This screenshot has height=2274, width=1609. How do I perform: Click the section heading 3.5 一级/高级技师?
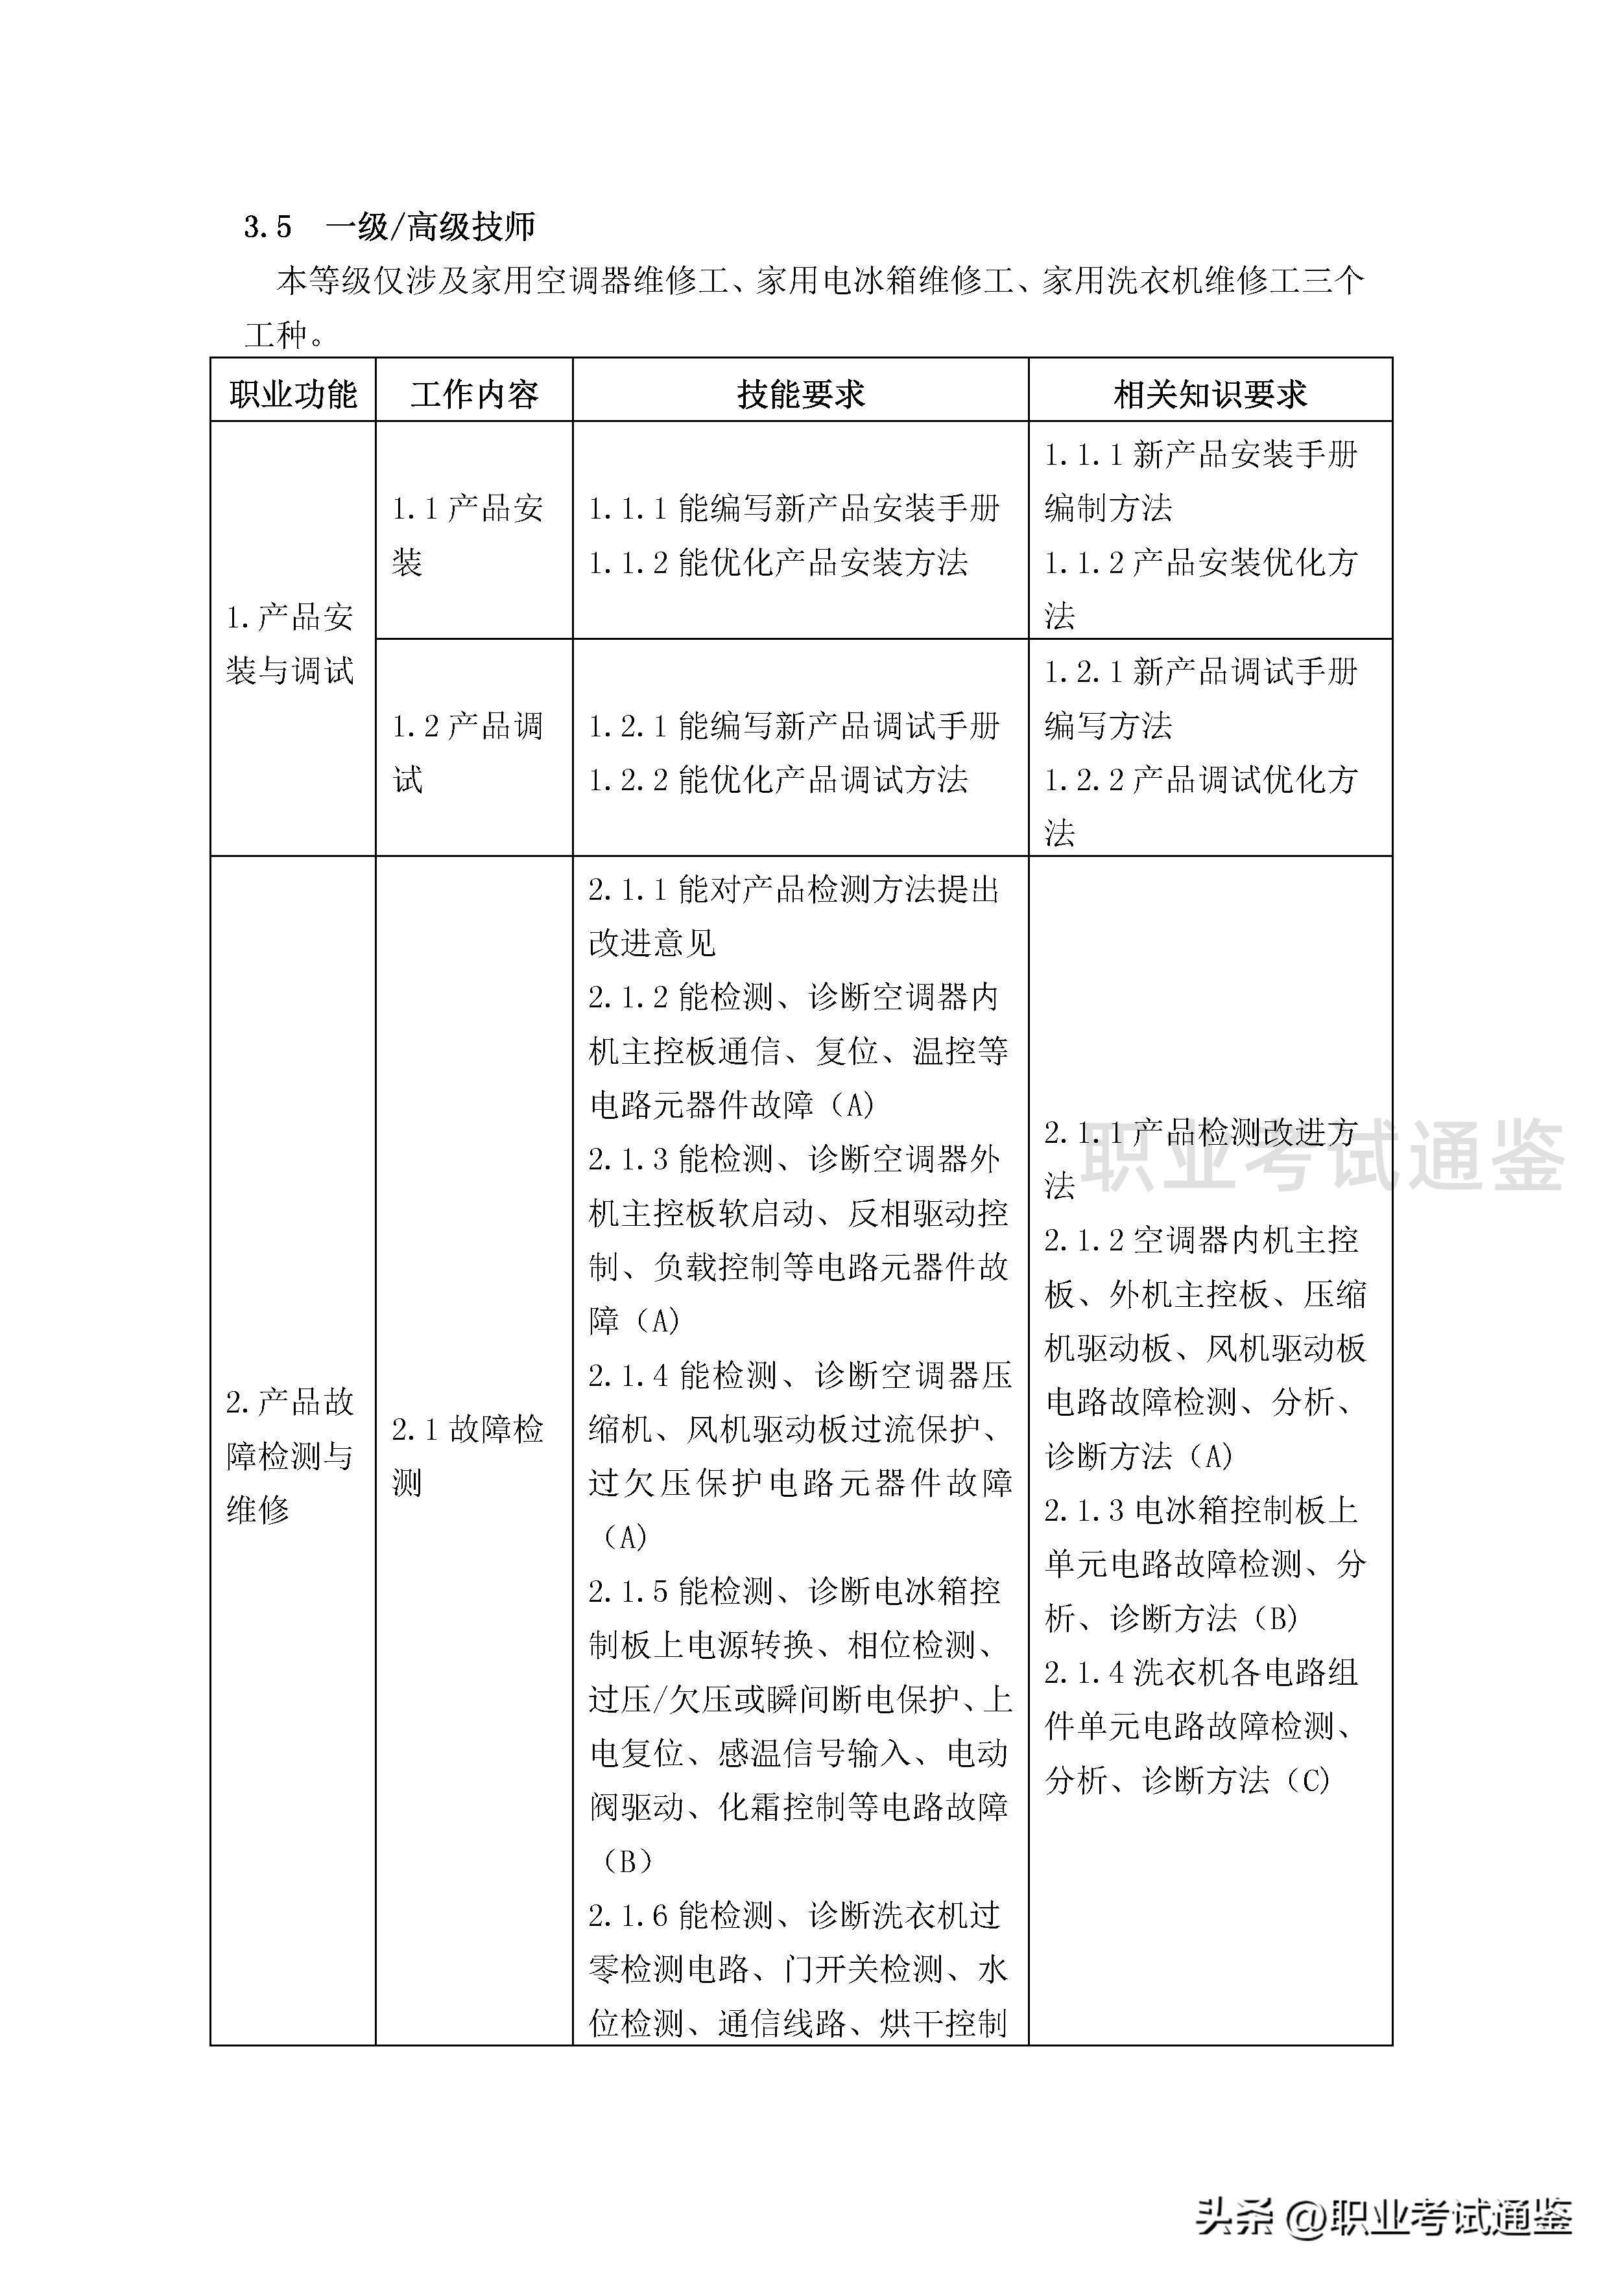click(x=389, y=227)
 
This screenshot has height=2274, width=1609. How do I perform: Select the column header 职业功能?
click(x=292, y=394)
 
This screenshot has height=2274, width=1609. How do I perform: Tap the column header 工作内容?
click(x=473, y=394)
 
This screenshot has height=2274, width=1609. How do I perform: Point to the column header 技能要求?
click(x=800, y=394)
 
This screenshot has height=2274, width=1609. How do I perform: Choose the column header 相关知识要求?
click(x=1210, y=394)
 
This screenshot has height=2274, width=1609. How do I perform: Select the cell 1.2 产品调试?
click(x=467, y=753)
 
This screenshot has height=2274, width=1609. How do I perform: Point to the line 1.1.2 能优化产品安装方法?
click(x=778, y=563)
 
